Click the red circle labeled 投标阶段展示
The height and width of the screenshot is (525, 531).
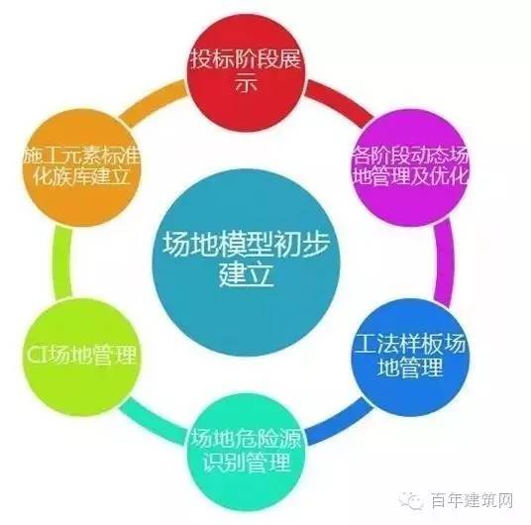[x=247, y=72]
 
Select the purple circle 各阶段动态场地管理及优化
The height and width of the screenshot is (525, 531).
[x=410, y=167]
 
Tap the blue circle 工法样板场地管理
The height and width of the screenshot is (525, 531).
[x=410, y=357]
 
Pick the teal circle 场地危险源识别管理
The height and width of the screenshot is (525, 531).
[x=247, y=452]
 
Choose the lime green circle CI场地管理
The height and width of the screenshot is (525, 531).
[x=81, y=357]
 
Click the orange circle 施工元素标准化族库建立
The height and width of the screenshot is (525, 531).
[x=81, y=167]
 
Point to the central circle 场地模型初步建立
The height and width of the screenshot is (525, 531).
[x=247, y=262]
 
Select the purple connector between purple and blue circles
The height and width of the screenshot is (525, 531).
[x=444, y=262]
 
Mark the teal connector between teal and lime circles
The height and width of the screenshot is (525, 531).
[x=154, y=422]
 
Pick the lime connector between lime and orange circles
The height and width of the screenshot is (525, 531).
[x=62, y=262]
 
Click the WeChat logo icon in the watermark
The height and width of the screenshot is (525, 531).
[x=412, y=500]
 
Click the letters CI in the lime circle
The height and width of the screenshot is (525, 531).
[x=38, y=355]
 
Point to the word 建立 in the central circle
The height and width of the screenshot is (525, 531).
[x=247, y=275]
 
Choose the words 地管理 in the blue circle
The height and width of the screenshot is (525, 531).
[x=410, y=367]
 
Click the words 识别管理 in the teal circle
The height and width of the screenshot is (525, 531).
[x=247, y=462]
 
